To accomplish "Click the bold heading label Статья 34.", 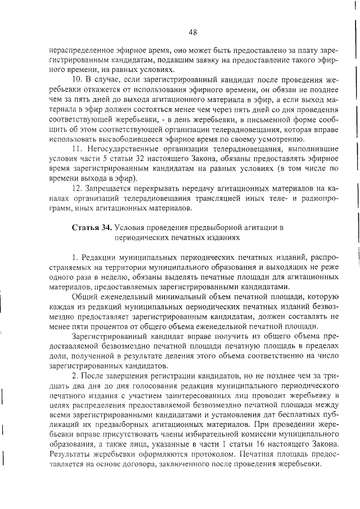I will pos(92,227).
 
